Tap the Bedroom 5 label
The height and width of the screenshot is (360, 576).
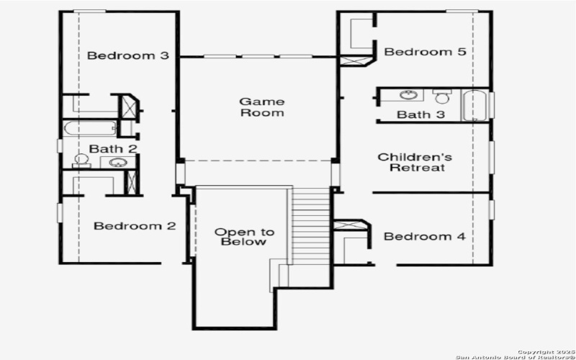click(x=415, y=52)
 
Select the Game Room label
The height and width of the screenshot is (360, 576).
click(x=261, y=107)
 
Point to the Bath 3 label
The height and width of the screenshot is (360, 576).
click(x=421, y=114)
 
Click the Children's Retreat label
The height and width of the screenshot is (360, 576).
click(x=415, y=162)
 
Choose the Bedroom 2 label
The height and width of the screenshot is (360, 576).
click(x=135, y=226)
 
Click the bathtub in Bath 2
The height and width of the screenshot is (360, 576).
click(x=90, y=128)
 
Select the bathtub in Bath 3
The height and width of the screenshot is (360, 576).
click(x=475, y=105)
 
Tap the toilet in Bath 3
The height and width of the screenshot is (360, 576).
click(x=442, y=96)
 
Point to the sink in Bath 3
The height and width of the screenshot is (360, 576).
click(x=410, y=94)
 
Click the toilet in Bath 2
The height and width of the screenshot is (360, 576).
click(x=81, y=161)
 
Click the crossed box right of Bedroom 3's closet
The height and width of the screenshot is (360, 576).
click(x=129, y=107)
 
